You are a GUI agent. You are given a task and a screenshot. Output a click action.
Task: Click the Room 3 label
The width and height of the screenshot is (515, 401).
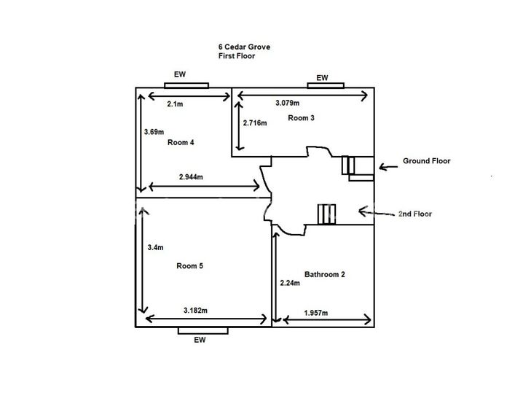[301, 117]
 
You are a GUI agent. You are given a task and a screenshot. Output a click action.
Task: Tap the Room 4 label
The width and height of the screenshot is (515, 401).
[181, 142]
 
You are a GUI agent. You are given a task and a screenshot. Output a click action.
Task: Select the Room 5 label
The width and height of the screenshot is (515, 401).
[190, 265]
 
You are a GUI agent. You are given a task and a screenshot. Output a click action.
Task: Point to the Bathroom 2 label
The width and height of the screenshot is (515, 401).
[325, 274]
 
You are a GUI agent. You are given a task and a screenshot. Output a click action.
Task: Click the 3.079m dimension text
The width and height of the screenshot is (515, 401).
[288, 103]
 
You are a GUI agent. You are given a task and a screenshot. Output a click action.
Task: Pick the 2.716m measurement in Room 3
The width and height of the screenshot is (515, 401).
[255, 123]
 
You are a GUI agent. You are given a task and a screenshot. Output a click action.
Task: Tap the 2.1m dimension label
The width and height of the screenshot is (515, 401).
[175, 104]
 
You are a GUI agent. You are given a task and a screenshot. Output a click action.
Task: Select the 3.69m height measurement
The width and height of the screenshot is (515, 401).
[154, 132]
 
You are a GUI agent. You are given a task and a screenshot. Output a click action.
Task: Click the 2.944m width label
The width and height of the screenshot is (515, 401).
[191, 177]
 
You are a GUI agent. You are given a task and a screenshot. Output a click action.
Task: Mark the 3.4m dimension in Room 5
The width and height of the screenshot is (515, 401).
[155, 247]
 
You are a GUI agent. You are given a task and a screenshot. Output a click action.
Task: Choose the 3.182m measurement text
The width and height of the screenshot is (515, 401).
[195, 311]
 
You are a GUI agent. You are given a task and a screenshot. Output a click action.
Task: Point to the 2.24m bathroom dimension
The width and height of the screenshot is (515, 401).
[290, 283]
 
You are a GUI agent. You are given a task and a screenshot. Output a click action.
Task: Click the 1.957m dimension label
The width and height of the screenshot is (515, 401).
[316, 313]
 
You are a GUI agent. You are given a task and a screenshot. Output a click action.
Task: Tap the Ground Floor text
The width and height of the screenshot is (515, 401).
[427, 160]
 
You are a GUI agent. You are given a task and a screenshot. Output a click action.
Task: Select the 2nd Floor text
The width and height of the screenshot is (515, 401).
[415, 214]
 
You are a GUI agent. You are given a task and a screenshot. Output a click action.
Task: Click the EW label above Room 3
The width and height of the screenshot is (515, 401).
[322, 77]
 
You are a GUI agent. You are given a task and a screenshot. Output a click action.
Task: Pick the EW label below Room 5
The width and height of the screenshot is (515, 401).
[200, 340]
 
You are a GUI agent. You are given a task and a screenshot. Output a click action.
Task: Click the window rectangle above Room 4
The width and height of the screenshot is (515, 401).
[186, 85]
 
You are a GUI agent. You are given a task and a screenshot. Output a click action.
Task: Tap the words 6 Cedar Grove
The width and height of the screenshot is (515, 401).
[244, 47]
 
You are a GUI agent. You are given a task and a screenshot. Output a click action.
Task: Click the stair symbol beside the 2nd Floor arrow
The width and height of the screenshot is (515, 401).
[326, 214]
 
